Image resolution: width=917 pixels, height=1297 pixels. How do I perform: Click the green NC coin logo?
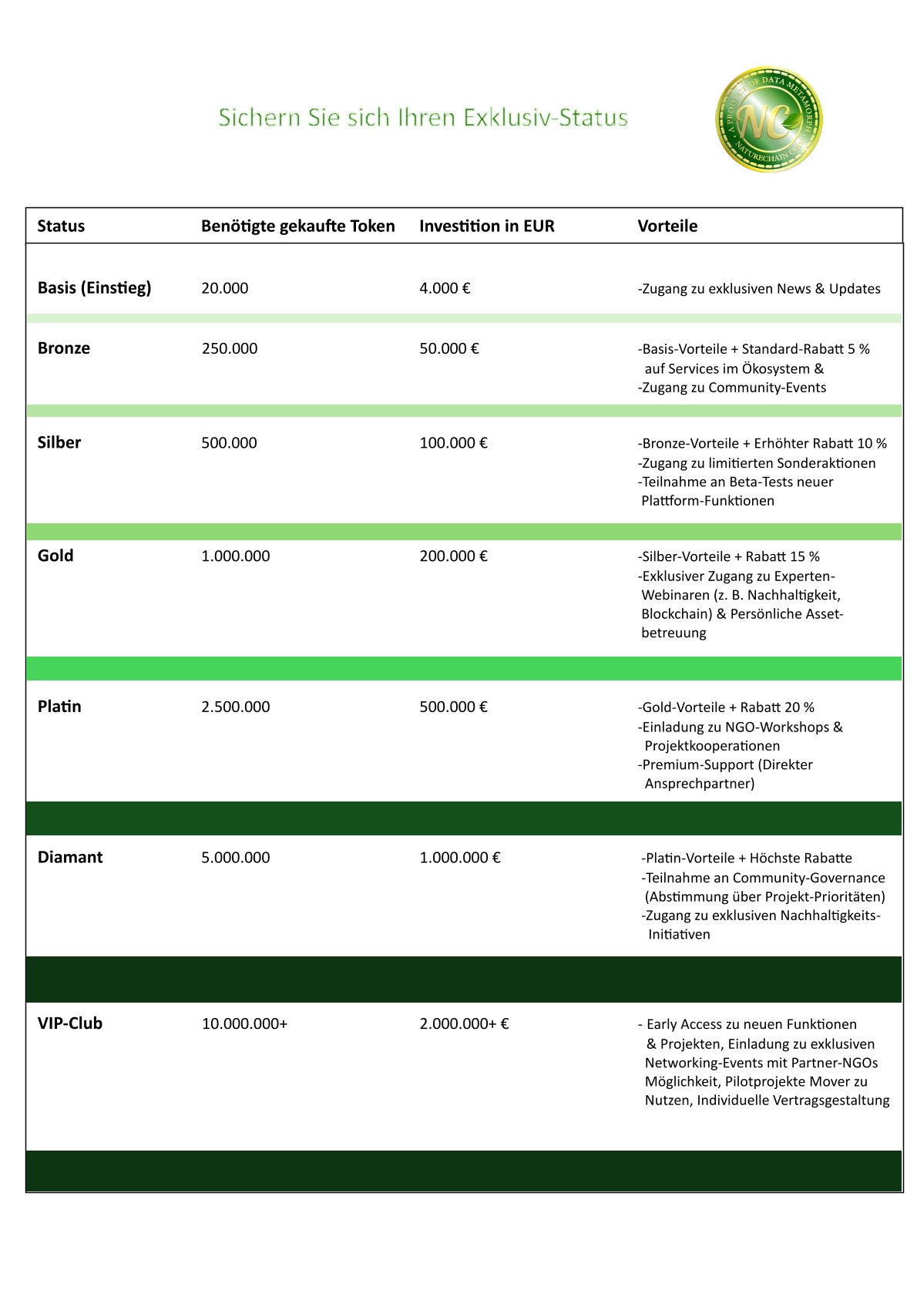pyautogui.click(x=768, y=119)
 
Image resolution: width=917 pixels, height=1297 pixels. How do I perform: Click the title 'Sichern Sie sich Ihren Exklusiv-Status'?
pyautogui.click(x=423, y=118)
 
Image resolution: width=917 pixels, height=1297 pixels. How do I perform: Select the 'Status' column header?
pyautogui.click(x=61, y=226)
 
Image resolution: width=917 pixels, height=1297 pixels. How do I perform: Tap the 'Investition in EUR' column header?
pyautogui.click(x=486, y=226)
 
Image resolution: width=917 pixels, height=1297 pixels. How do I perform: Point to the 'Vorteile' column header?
pyautogui.click(x=667, y=226)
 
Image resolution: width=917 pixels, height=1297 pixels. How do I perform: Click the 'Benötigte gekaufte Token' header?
pyautogui.click(x=297, y=226)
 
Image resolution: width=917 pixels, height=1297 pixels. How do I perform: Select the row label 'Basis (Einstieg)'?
pyautogui.click(x=94, y=288)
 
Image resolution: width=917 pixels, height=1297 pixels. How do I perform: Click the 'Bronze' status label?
pyautogui.click(x=64, y=348)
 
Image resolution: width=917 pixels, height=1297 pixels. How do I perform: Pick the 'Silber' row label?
pyautogui.click(x=59, y=442)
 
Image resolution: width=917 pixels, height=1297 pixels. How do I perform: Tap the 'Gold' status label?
pyautogui.click(x=55, y=556)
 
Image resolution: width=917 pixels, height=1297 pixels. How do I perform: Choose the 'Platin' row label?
pyautogui.click(x=59, y=707)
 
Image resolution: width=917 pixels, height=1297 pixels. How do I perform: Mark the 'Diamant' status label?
pyautogui.click(x=70, y=858)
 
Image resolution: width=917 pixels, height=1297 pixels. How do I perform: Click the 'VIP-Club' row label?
pyautogui.click(x=70, y=1023)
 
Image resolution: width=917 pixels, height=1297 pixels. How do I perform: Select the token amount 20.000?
pyautogui.click(x=225, y=288)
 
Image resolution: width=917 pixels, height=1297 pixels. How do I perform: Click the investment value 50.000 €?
pyautogui.click(x=449, y=348)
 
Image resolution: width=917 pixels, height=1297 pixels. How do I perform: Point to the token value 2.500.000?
pyautogui.click(x=236, y=707)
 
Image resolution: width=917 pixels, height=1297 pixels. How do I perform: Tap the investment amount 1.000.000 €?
pyautogui.click(x=460, y=858)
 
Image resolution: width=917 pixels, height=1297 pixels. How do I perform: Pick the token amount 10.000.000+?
pyautogui.click(x=244, y=1023)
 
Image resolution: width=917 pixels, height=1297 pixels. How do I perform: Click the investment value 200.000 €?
pyautogui.click(x=453, y=556)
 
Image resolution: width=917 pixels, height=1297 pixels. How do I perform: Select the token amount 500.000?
pyautogui.click(x=229, y=442)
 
